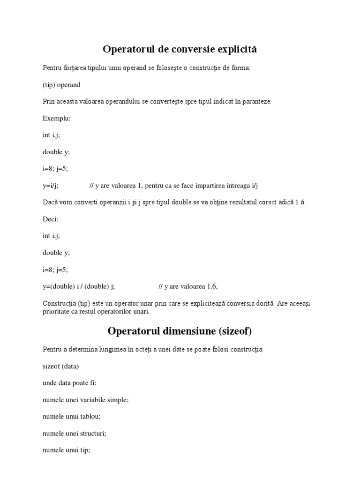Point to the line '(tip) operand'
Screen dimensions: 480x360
point(61,85)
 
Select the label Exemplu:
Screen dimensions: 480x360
point(57,118)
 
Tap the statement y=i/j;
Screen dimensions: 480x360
point(51,186)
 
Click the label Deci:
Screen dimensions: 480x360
point(51,219)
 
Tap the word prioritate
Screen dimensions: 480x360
point(58,312)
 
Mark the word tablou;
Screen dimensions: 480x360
point(91,416)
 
